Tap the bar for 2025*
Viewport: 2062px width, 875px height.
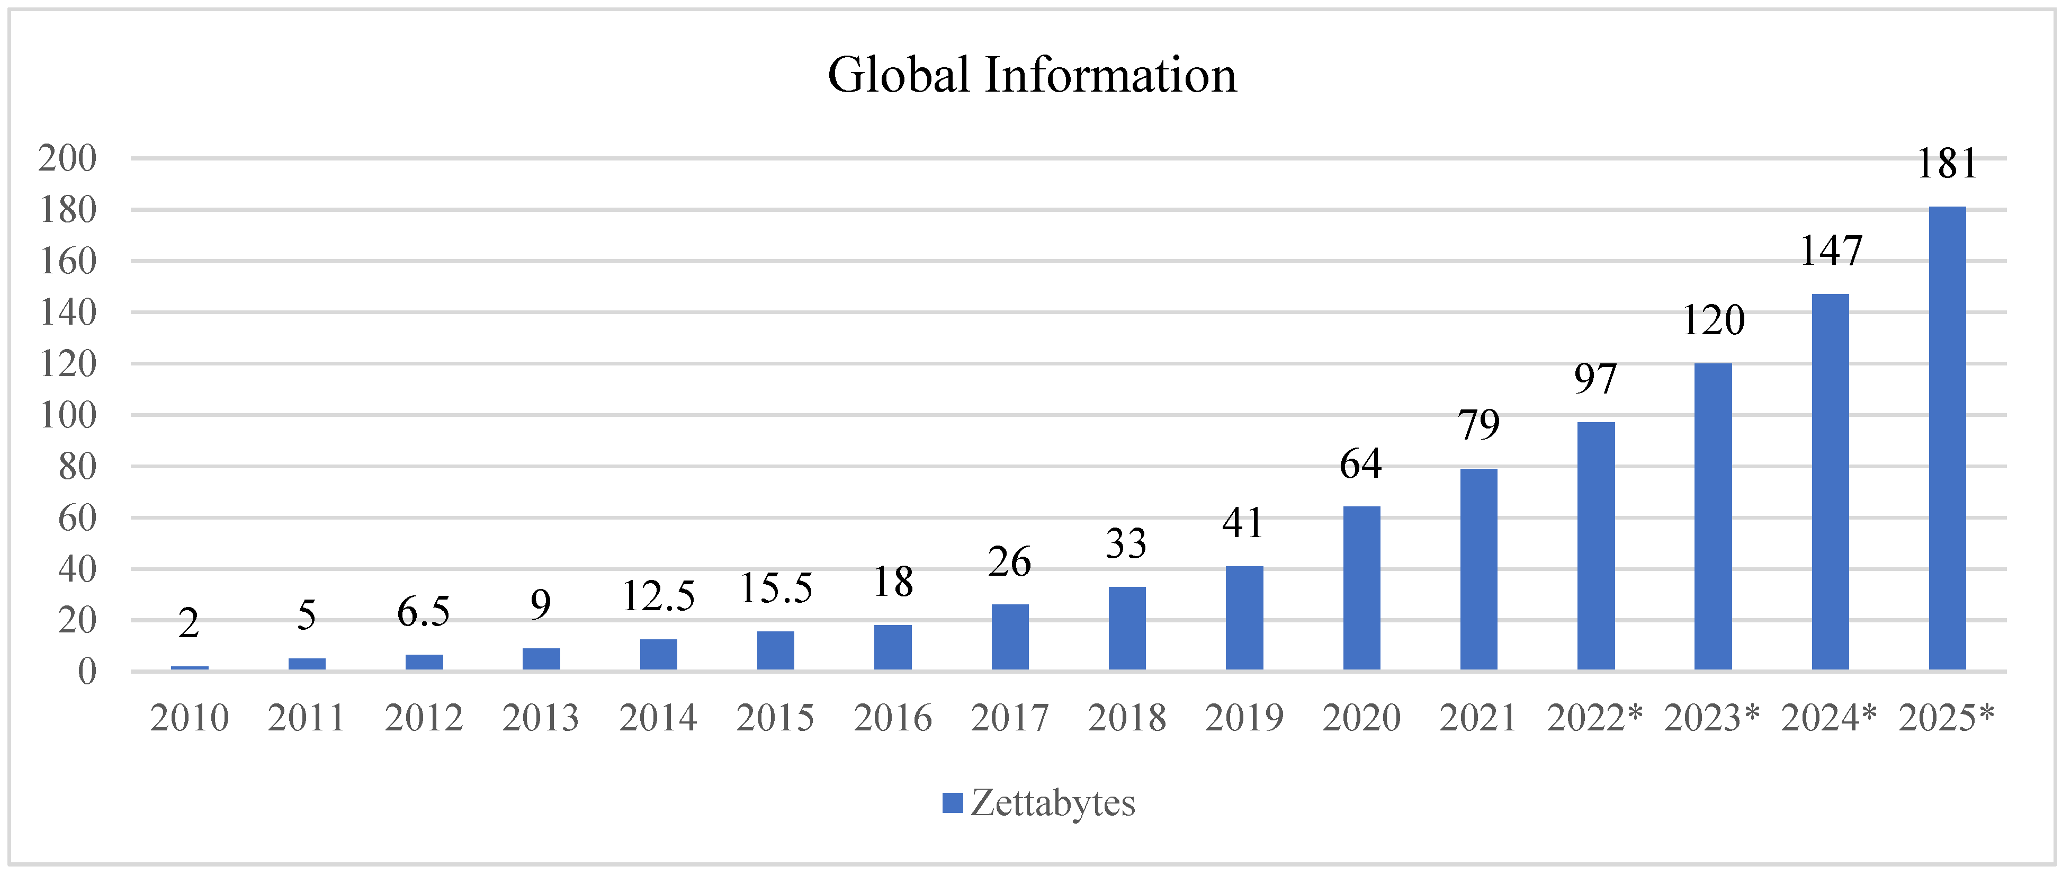click(x=1947, y=438)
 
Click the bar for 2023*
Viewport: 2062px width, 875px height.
click(x=1713, y=516)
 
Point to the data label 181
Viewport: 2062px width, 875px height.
click(x=1947, y=164)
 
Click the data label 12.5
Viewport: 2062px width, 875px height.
click(x=658, y=596)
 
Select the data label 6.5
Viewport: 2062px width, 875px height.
click(x=424, y=612)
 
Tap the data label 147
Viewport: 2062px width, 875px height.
click(x=1831, y=252)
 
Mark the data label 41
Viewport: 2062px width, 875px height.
click(x=1243, y=523)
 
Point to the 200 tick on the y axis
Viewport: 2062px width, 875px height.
click(x=67, y=158)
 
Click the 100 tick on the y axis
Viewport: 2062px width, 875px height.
click(x=67, y=415)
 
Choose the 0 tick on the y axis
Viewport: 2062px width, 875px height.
click(x=86, y=672)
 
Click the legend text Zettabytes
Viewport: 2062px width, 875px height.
click(x=1053, y=803)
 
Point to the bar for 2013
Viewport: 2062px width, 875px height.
click(x=541, y=659)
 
